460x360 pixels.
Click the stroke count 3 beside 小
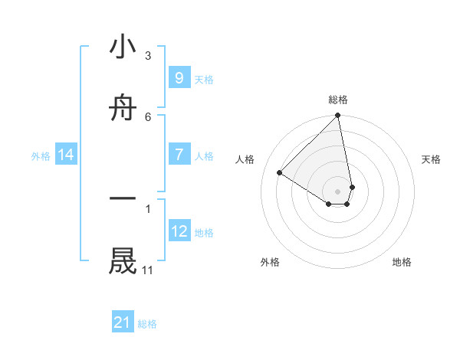[x=148, y=55]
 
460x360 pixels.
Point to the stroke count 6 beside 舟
[x=148, y=116]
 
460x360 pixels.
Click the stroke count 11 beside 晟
[x=148, y=270]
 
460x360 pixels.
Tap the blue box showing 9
[x=179, y=77]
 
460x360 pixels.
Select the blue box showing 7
[x=179, y=155]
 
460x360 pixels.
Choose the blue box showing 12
[x=179, y=231]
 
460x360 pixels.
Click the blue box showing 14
[x=66, y=155]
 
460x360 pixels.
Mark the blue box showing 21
[x=123, y=322]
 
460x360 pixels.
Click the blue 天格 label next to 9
[x=204, y=79]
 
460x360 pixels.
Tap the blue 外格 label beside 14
[x=41, y=156]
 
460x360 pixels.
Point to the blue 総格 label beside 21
[x=147, y=324]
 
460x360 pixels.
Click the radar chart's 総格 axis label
[x=338, y=100]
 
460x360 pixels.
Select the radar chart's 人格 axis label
[x=245, y=159]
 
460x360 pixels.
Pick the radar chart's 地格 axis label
[x=402, y=262]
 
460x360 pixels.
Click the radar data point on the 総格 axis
[x=338, y=116]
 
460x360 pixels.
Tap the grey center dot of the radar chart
[x=338, y=191]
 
